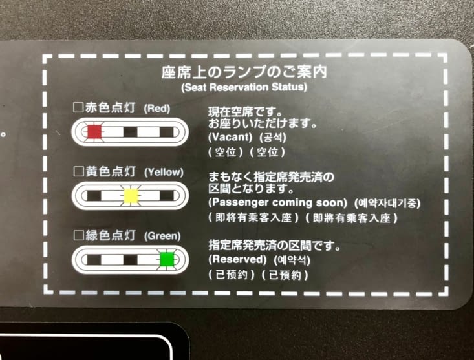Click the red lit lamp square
(94, 132)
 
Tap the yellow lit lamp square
(131, 196)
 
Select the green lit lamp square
(167, 259)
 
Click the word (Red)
(157, 109)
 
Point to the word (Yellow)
(164, 172)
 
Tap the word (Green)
(162, 236)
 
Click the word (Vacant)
(230, 138)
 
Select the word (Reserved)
(237, 259)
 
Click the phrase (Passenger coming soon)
(278, 202)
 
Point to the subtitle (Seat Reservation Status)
(244, 87)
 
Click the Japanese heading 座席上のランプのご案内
(244, 72)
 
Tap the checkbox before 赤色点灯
(78, 107)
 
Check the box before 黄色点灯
(78, 171)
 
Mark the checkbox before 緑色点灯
(78, 235)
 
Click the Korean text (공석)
(273, 138)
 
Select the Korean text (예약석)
(292, 260)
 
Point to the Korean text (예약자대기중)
(387, 203)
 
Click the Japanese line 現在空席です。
(245, 112)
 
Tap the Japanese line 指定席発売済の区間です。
(274, 246)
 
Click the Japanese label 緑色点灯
(110, 235)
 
